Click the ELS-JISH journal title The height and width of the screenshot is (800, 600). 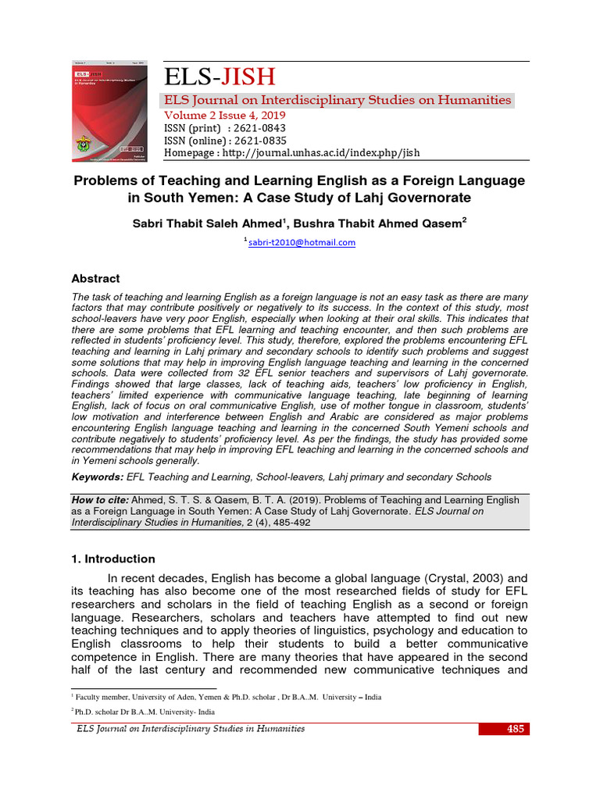219,77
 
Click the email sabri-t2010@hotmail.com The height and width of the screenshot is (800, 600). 302,242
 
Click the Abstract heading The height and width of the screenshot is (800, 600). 95,278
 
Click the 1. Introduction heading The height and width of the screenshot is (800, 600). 113,559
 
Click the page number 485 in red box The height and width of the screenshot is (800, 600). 515,729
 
